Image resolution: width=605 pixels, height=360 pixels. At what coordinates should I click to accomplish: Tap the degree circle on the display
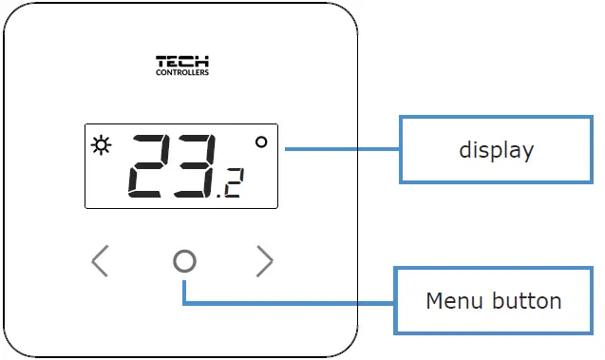tap(261, 142)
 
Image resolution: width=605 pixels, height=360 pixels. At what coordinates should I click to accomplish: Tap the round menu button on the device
tap(185, 261)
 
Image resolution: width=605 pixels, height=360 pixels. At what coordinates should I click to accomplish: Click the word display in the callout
tap(496, 149)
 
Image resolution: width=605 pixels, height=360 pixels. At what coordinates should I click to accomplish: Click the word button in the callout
tap(527, 301)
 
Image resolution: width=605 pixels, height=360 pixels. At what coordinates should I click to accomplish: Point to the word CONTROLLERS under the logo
tap(182, 72)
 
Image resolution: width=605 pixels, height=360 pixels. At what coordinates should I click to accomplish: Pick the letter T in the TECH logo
tap(161, 62)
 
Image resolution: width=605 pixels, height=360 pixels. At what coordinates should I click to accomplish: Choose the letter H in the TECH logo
tap(202, 62)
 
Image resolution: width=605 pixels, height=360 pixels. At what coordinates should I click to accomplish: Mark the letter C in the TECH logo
tap(189, 62)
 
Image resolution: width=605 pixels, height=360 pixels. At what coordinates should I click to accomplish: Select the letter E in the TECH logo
tap(175, 62)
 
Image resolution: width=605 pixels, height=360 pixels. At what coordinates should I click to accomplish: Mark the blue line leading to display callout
tap(342, 149)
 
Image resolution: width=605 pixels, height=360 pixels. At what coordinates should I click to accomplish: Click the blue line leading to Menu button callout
tap(285, 304)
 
